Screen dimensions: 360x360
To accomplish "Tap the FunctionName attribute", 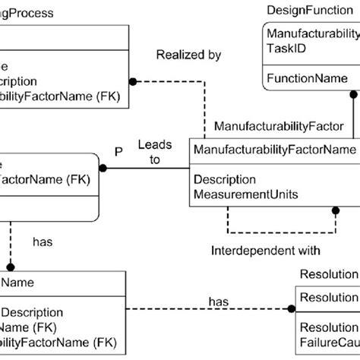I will [x=305, y=78].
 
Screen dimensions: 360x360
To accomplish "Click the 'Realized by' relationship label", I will [x=188, y=55].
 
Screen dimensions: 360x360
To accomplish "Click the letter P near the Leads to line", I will [x=118, y=151].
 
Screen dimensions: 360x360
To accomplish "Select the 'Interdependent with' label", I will [x=265, y=249].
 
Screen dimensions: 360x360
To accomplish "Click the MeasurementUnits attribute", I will [x=245, y=194].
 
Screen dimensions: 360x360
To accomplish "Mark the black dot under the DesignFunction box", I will [x=352, y=95].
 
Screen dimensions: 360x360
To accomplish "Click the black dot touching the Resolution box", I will [x=290, y=308].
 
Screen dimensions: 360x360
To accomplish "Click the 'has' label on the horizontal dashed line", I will [x=219, y=302].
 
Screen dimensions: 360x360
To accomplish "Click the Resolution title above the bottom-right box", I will [x=328, y=274].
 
